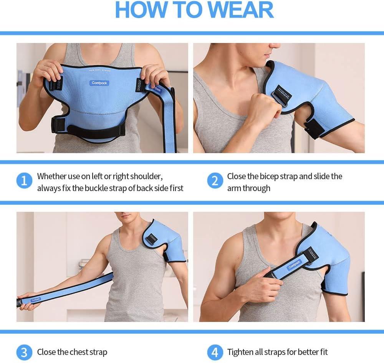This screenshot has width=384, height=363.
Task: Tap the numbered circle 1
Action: point(24,181)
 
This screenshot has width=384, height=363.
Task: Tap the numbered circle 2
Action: point(215,181)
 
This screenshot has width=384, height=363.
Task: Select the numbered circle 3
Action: point(24,352)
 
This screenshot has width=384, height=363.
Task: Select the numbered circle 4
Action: point(215,352)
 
